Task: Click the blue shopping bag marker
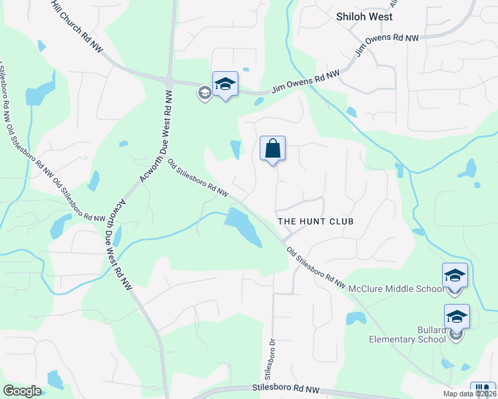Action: [273, 148]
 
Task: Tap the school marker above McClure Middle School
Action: [455, 275]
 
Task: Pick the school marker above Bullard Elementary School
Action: [457, 317]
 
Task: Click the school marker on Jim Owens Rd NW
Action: [225, 84]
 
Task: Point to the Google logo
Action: [22, 391]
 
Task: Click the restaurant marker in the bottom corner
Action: [482, 390]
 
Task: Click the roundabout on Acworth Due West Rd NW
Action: [168, 80]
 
